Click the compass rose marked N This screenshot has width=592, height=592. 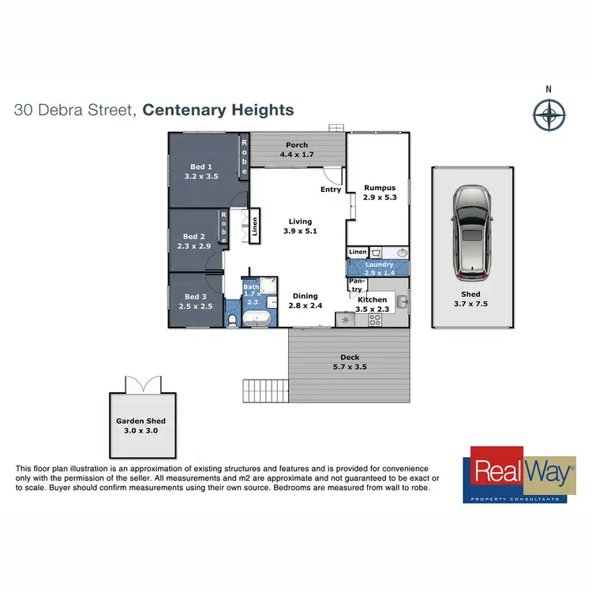pyautogui.click(x=549, y=115)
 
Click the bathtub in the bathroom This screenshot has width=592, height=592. pyautogui.click(x=257, y=320)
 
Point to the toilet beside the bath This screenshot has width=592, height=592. pyautogui.click(x=231, y=320)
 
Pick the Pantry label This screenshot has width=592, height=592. pyautogui.click(x=356, y=284)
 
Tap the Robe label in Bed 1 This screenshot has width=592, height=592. pyautogui.click(x=245, y=155)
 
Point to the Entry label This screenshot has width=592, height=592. pyautogui.click(x=331, y=189)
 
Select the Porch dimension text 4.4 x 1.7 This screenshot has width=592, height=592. pyautogui.click(x=297, y=155)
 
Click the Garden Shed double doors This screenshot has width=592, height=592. pyautogui.click(x=142, y=385)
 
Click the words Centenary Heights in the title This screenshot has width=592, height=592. pyautogui.click(x=219, y=110)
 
